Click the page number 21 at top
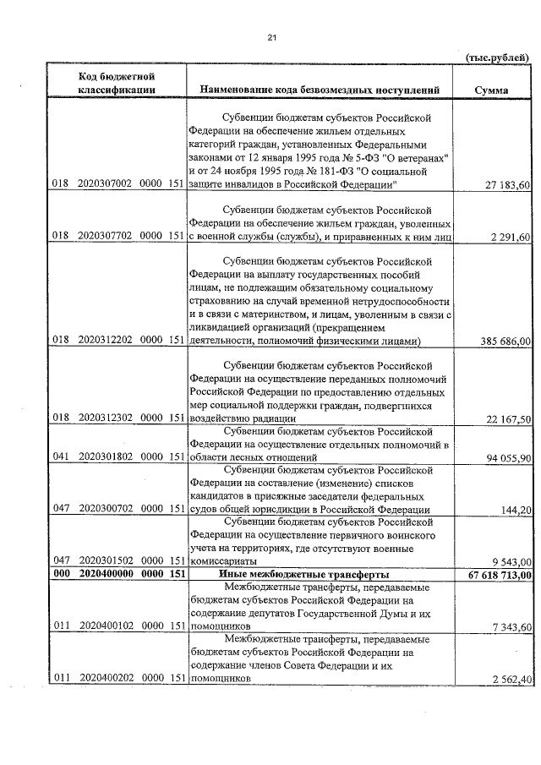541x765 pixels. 271,37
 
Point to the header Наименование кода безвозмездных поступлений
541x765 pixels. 320,90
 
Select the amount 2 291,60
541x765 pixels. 511,237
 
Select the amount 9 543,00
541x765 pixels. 511,562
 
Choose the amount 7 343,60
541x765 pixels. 511,627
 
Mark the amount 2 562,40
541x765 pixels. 511,680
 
